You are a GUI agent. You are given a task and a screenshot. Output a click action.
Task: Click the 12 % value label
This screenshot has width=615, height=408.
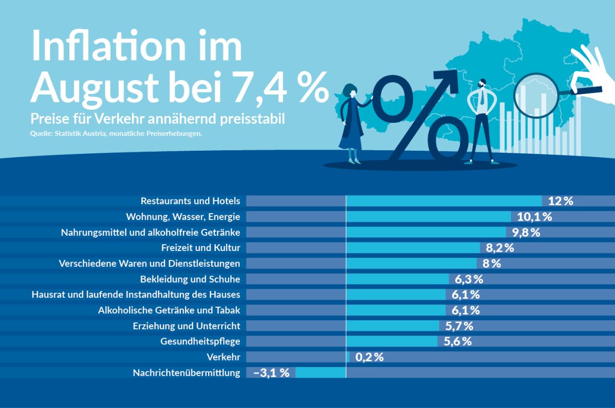point(560,201)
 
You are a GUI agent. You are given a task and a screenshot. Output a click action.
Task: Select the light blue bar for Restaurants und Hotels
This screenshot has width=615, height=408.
point(444,201)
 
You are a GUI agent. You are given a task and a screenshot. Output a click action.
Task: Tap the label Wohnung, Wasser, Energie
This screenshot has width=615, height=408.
point(183,217)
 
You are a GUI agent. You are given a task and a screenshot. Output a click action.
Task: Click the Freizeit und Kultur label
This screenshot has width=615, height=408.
point(200,248)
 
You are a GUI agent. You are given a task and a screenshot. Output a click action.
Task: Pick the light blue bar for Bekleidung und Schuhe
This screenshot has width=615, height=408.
point(397,279)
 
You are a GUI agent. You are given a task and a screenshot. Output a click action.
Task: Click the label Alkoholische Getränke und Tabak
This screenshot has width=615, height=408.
point(169,310)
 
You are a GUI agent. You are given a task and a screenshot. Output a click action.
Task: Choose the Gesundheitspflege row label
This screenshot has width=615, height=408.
point(200,342)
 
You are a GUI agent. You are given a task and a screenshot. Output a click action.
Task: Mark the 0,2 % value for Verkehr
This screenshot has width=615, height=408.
point(369,358)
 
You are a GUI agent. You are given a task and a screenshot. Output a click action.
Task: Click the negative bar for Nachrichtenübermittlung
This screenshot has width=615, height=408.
point(321,373)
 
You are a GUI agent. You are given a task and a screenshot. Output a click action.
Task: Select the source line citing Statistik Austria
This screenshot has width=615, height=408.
point(116,133)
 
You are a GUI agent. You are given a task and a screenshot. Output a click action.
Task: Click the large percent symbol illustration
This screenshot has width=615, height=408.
point(421,118)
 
